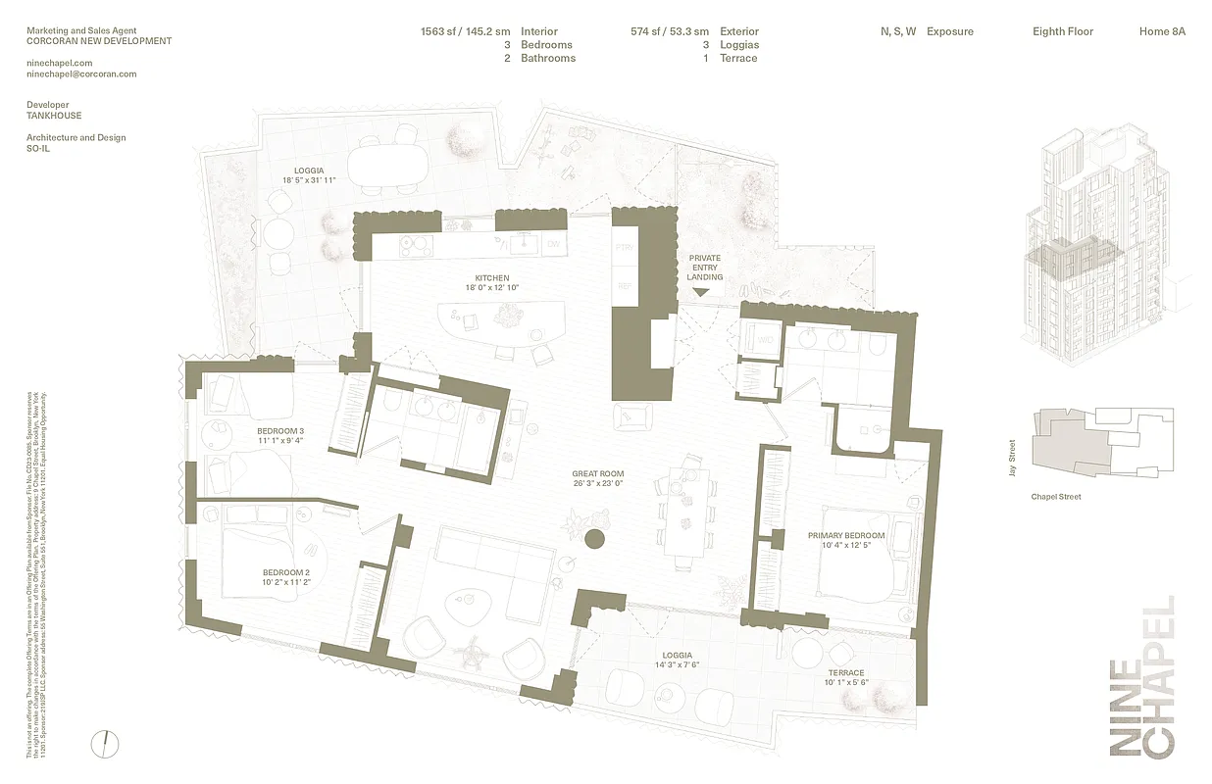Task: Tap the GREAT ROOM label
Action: point(598,474)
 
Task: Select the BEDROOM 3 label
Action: point(280,431)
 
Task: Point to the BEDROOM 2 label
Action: point(285,573)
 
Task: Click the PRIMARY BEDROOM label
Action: point(845,536)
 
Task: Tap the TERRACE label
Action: point(845,673)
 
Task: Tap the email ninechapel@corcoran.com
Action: point(81,73)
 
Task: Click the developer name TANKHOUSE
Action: point(54,115)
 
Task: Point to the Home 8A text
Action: point(1162,31)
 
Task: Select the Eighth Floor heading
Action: point(1062,31)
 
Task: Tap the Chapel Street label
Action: point(1055,497)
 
